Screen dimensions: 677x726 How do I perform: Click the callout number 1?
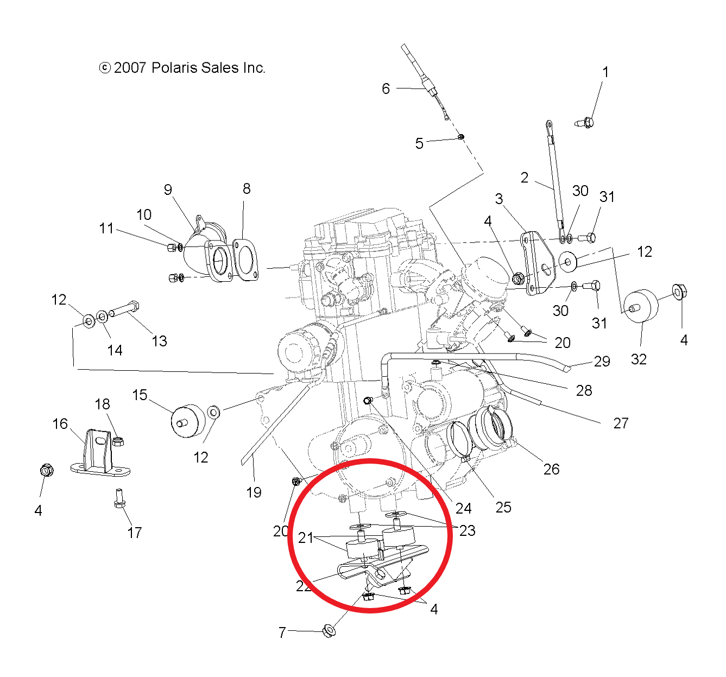click(605, 72)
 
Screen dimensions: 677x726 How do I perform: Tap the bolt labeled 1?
click(585, 123)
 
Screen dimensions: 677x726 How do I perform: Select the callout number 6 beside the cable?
click(386, 88)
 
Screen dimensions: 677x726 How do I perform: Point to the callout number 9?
click(168, 189)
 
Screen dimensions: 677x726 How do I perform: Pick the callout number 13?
click(159, 341)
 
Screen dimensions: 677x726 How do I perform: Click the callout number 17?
click(135, 533)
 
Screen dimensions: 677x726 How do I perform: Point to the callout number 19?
click(254, 492)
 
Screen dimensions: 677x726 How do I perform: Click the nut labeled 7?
click(328, 631)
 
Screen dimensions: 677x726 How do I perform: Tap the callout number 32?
click(639, 359)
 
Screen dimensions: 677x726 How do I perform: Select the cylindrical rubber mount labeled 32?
click(640, 306)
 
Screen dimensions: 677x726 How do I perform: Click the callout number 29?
click(602, 362)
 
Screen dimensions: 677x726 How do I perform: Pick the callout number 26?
click(551, 469)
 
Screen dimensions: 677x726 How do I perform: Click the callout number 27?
click(621, 423)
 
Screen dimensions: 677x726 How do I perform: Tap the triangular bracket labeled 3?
click(535, 263)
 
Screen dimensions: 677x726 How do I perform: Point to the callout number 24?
click(463, 508)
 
